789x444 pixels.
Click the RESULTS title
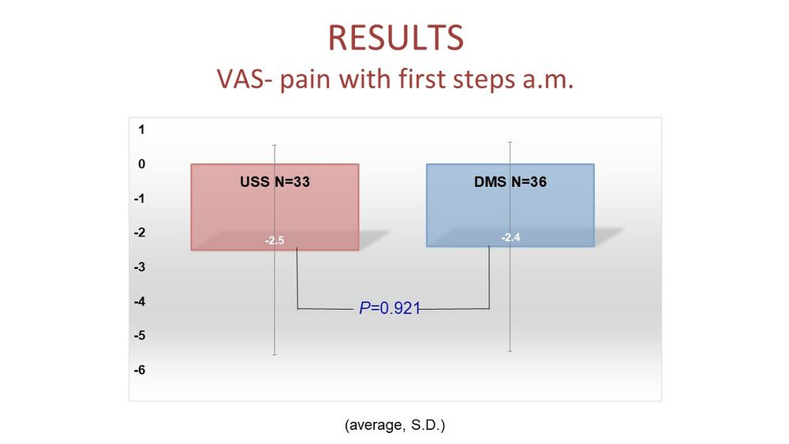pos(395,38)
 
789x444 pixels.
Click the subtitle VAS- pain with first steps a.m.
pos(395,79)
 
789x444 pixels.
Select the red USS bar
pos(275,207)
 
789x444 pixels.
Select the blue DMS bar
pos(510,205)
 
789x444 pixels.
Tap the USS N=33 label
pos(275,181)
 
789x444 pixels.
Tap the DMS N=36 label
pos(510,181)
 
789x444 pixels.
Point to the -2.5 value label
pos(275,241)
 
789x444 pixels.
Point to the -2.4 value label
pos(510,237)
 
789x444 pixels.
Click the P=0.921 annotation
pos(390,308)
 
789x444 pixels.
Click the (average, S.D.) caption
pos(395,425)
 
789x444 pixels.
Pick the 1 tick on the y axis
pos(141,129)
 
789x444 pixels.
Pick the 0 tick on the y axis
pos(141,163)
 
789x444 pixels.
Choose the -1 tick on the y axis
pos(140,198)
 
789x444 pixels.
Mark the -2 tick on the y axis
pos(140,233)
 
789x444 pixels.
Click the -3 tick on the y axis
pos(140,267)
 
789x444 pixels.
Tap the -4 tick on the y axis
pos(140,301)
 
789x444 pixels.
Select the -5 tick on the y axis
pos(140,335)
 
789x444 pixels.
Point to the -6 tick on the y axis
pos(140,370)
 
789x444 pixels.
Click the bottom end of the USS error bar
pos(275,355)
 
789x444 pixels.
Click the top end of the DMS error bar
pos(510,142)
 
